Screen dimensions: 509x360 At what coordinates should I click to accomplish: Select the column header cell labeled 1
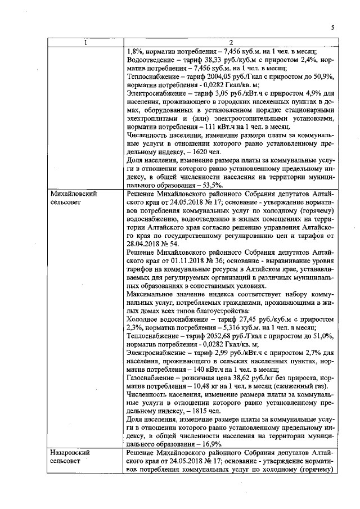tap(85, 43)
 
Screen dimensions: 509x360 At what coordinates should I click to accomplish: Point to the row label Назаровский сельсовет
tap(68, 457)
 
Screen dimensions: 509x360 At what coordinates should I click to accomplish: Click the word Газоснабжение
tap(151, 378)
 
